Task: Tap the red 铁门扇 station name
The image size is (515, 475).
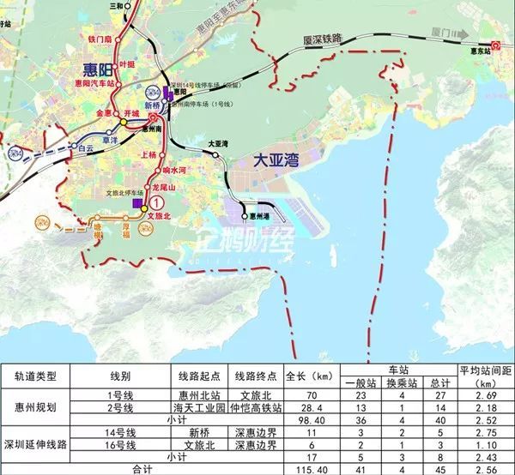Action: point(100,39)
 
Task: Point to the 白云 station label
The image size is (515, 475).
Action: point(84,148)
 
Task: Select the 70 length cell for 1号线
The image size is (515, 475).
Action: point(296,394)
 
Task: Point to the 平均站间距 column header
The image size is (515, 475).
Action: point(486,370)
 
